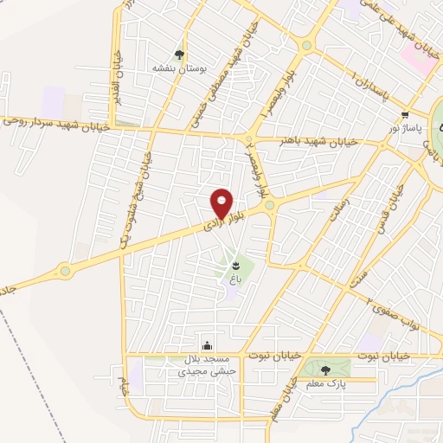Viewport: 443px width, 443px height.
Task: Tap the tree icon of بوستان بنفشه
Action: (180, 54)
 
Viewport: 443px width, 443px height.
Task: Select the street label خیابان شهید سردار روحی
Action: (55, 123)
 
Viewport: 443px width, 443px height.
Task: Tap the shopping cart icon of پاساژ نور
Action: (405, 114)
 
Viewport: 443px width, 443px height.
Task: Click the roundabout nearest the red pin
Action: (270, 204)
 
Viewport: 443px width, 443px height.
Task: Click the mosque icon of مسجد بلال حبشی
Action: (206, 344)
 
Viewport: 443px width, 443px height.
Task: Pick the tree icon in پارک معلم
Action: (324, 369)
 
